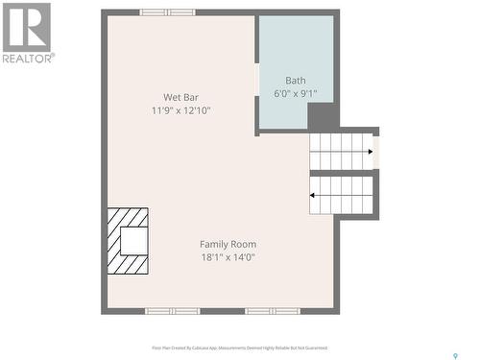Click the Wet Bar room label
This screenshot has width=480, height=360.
click(180, 96)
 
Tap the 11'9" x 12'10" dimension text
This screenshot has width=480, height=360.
click(180, 110)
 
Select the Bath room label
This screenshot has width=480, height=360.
click(296, 80)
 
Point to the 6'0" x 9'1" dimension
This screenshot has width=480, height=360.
click(296, 94)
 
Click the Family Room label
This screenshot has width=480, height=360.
click(228, 244)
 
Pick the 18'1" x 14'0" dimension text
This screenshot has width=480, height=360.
click(228, 257)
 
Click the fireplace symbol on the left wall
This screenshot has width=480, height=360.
click(128, 241)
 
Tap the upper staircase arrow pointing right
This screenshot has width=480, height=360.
click(369, 152)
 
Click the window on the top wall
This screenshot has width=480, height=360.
click(167, 12)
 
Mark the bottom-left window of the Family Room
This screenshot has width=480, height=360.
click(173, 311)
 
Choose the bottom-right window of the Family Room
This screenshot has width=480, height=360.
click(273, 311)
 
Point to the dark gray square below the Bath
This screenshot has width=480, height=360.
click(324, 116)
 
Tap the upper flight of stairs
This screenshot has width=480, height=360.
click(341, 151)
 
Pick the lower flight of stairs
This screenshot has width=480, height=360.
click(341, 195)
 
